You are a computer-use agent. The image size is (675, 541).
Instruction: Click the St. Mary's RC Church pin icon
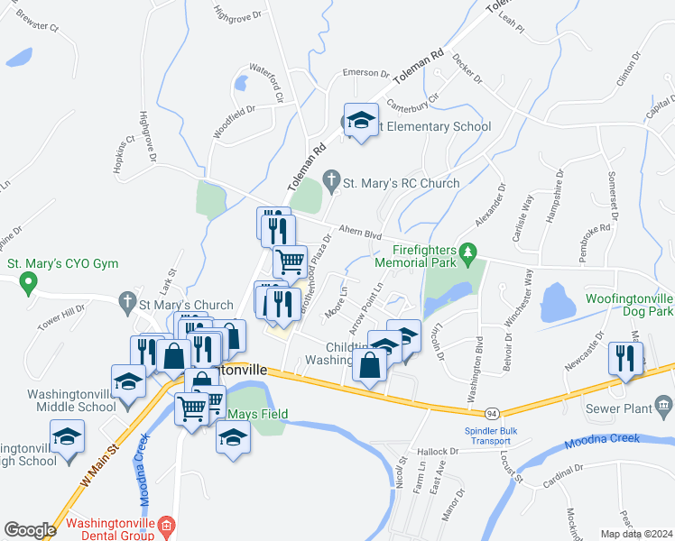click(x=332, y=183)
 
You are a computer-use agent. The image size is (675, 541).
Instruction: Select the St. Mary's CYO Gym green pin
click(x=28, y=285)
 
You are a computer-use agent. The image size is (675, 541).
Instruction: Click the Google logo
click(x=30, y=530)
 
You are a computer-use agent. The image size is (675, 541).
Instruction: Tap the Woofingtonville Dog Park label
click(x=617, y=304)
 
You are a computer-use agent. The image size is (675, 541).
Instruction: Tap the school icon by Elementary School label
click(x=361, y=120)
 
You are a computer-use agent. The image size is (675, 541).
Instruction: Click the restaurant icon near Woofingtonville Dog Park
click(x=625, y=359)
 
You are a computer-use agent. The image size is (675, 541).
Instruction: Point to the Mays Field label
click(x=252, y=415)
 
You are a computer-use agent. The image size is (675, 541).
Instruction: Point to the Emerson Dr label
click(x=365, y=74)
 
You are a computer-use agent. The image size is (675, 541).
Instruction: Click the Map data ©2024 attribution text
click(x=636, y=534)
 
